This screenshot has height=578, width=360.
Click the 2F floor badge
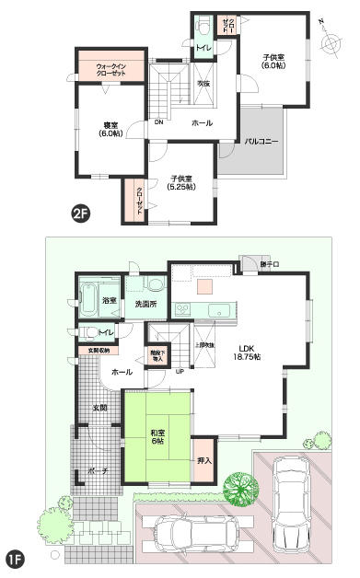(80, 214)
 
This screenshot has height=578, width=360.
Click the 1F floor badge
(15, 559)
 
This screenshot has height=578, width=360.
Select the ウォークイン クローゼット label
(110, 70)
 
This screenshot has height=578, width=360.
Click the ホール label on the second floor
(202, 122)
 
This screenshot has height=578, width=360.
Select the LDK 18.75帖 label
(247, 353)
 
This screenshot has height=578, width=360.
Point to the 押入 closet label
(204, 460)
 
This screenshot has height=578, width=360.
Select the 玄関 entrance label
(98, 408)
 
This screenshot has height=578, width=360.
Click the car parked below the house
(197, 532)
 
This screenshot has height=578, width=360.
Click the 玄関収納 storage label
(98, 351)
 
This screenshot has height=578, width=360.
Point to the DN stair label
(159, 122)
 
